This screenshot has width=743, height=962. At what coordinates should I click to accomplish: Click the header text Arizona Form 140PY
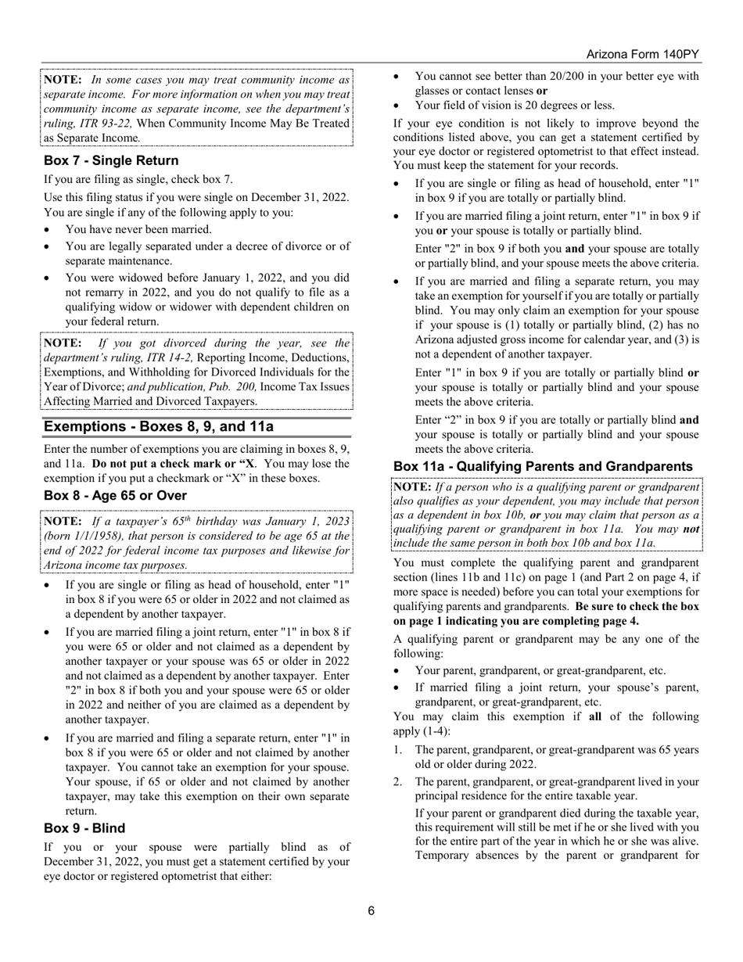point(643,54)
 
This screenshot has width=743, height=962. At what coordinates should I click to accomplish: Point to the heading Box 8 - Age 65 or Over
point(115,496)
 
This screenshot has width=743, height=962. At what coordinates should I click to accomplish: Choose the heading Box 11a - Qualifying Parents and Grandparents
point(543,467)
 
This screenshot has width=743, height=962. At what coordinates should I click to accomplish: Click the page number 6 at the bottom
point(371,910)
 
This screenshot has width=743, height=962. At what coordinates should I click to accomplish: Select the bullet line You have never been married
point(138,229)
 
